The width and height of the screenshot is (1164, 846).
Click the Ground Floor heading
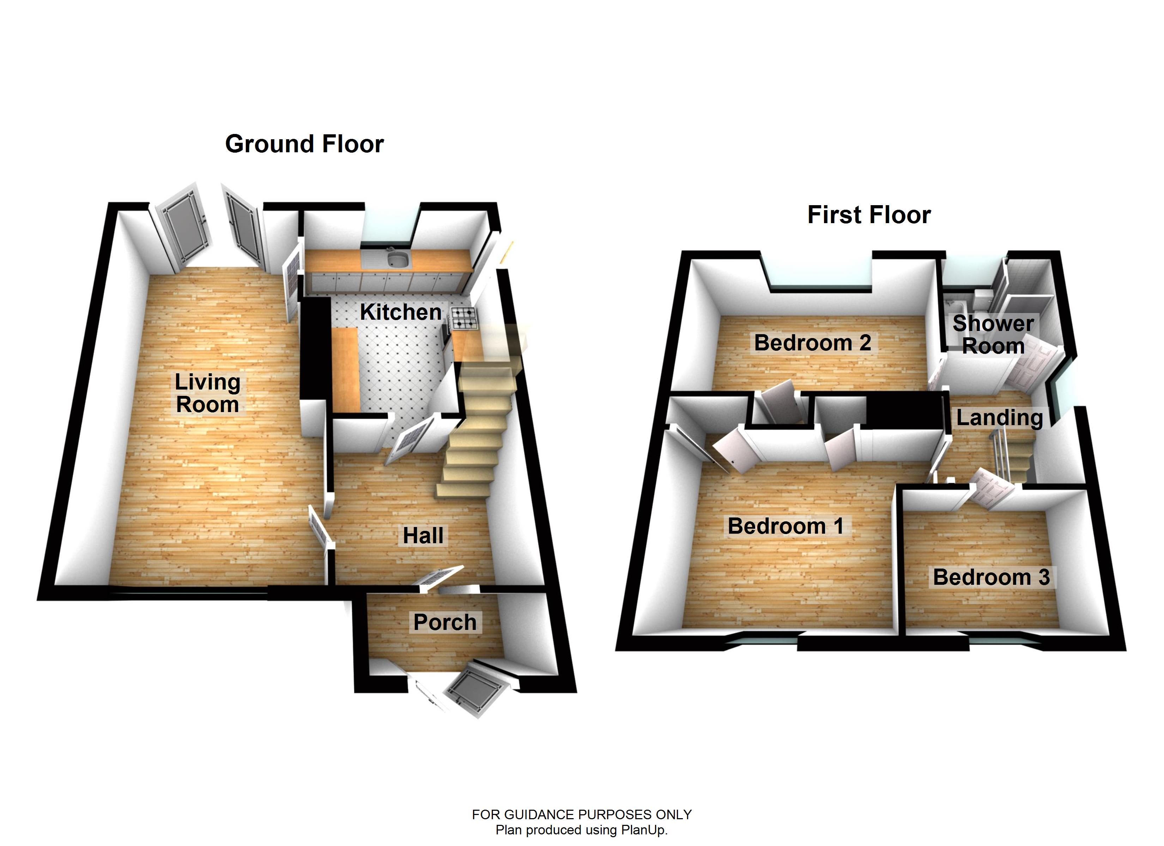pos(304,144)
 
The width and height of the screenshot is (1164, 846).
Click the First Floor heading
pos(868,215)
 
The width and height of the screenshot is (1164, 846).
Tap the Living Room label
pos(207,393)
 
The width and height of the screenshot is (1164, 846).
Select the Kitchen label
pos(400,312)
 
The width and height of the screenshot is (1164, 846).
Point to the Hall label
pos(423,535)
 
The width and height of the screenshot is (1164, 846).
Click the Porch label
pos(445,622)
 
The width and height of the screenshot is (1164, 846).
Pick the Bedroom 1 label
pos(785,526)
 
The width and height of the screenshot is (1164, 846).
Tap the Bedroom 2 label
pos(812,343)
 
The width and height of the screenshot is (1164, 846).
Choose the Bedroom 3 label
pos(991,577)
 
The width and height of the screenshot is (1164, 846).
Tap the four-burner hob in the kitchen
pos(463,318)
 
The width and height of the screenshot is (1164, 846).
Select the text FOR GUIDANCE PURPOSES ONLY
pos(582,815)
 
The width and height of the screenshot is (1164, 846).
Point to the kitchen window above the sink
pos(390,226)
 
